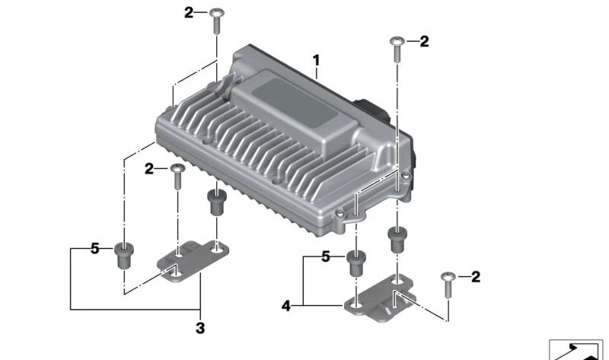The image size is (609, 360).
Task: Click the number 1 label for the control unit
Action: (317, 61)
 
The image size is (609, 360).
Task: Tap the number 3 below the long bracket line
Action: (200, 328)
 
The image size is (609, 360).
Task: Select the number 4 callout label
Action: (286, 306)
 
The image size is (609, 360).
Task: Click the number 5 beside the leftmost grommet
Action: (94, 249)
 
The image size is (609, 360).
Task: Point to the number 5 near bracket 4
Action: (326, 256)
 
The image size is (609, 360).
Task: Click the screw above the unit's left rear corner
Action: (216, 21)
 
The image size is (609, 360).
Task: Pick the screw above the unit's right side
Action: (397, 49)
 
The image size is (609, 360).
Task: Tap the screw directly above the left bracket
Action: (177, 177)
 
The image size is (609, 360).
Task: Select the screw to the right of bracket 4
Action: (448, 285)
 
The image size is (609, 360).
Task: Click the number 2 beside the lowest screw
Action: (475, 277)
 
